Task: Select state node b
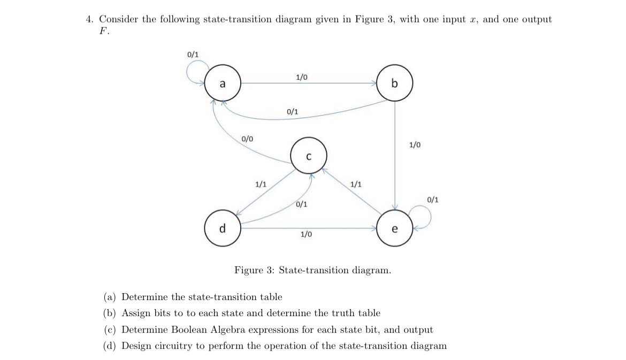395,83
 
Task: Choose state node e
395,228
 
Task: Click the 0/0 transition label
247,139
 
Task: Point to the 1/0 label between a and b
301,78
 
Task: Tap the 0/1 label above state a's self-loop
193,55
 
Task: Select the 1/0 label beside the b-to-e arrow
415,144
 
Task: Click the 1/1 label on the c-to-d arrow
261,184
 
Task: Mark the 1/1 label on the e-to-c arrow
355,184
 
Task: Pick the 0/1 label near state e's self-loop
433,200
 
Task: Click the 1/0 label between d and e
307,234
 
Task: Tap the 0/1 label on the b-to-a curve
293,112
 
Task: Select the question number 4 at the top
89,19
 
